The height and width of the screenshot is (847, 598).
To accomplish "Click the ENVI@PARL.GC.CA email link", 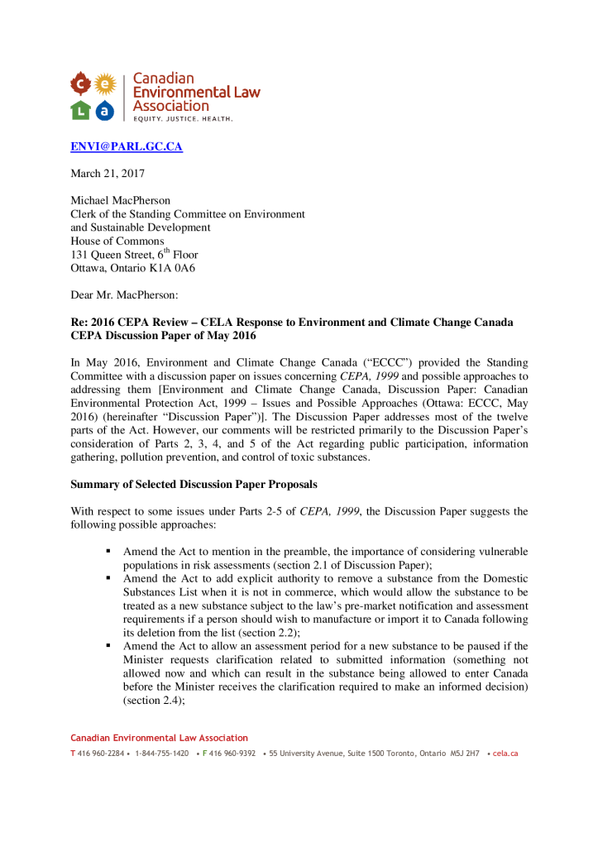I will click(126, 147).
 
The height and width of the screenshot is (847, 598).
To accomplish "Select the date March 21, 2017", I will click(107, 174).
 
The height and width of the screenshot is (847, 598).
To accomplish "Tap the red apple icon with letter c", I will click(80, 83).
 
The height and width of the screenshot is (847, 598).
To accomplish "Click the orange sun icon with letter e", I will click(105, 83).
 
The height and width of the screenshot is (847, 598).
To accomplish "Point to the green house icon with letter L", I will click(80, 109).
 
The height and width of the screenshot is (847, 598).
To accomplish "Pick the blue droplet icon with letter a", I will click(104, 109).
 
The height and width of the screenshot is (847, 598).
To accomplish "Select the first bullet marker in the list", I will click(108, 551).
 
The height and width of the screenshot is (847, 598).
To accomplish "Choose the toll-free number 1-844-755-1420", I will click(161, 754).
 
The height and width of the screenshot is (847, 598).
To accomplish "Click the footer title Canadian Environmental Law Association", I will click(159, 738).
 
